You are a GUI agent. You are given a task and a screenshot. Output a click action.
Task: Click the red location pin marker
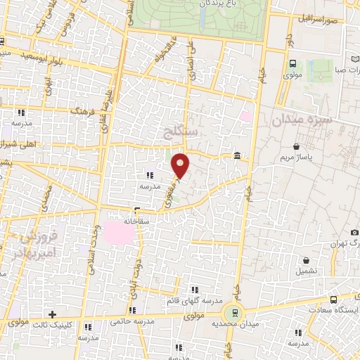181,165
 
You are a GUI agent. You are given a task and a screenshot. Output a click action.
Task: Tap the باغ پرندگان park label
205,4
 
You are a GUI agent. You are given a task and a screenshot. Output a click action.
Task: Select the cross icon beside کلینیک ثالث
51,314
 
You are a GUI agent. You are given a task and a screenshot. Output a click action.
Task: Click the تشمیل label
307,270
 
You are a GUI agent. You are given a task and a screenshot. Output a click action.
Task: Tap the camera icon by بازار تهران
355,232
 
